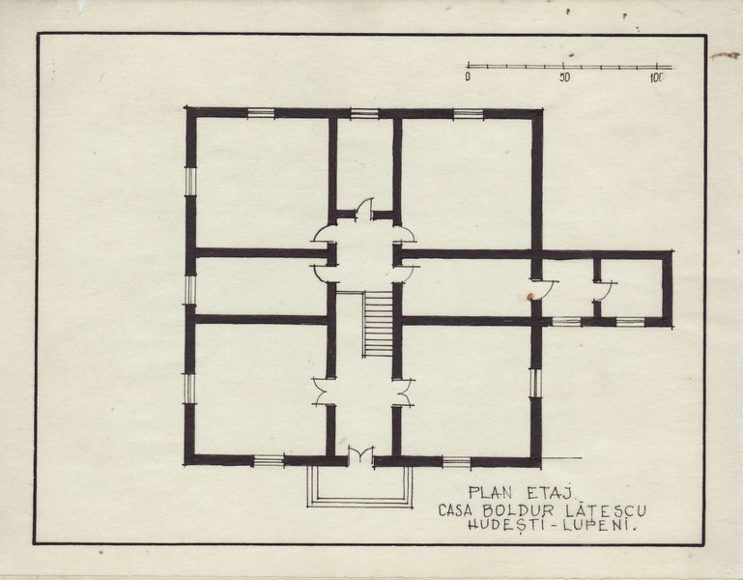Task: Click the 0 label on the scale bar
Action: [x=468, y=76]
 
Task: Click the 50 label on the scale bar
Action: [x=564, y=77]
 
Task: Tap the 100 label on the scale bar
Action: [x=657, y=77]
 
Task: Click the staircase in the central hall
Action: [x=378, y=324]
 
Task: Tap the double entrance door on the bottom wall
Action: [x=360, y=455]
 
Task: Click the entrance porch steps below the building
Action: [x=359, y=487]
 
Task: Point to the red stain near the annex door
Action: [x=529, y=297]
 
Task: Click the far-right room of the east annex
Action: [x=632, y=287]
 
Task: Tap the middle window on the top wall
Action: [x=364, y=113]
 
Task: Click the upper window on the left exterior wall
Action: [x=190, y=182]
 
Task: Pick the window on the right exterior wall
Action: [x=535, y=383]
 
